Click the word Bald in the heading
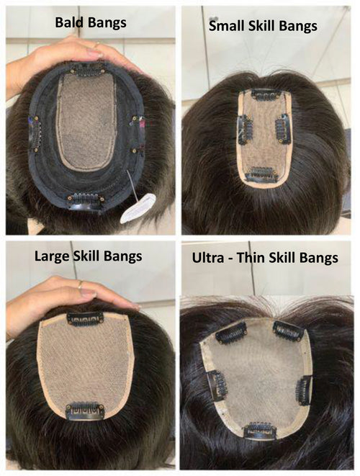pos(68,22)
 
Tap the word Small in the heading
pos(227,25)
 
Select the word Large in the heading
pos(52,256)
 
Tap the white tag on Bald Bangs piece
pos(138,208)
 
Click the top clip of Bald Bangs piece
pos(86,70)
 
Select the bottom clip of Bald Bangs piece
pos(86,201)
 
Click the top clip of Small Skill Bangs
pos(265,95)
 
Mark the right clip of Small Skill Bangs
pos(282,130)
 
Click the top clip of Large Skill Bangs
pos(85,319)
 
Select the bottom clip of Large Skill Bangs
pos(85,410)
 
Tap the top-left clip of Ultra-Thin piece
pos(231,333)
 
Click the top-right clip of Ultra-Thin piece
pos(288,331)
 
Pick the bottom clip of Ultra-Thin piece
pos(260,430)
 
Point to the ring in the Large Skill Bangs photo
pos(79,284)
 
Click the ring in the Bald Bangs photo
pos(96,45)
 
